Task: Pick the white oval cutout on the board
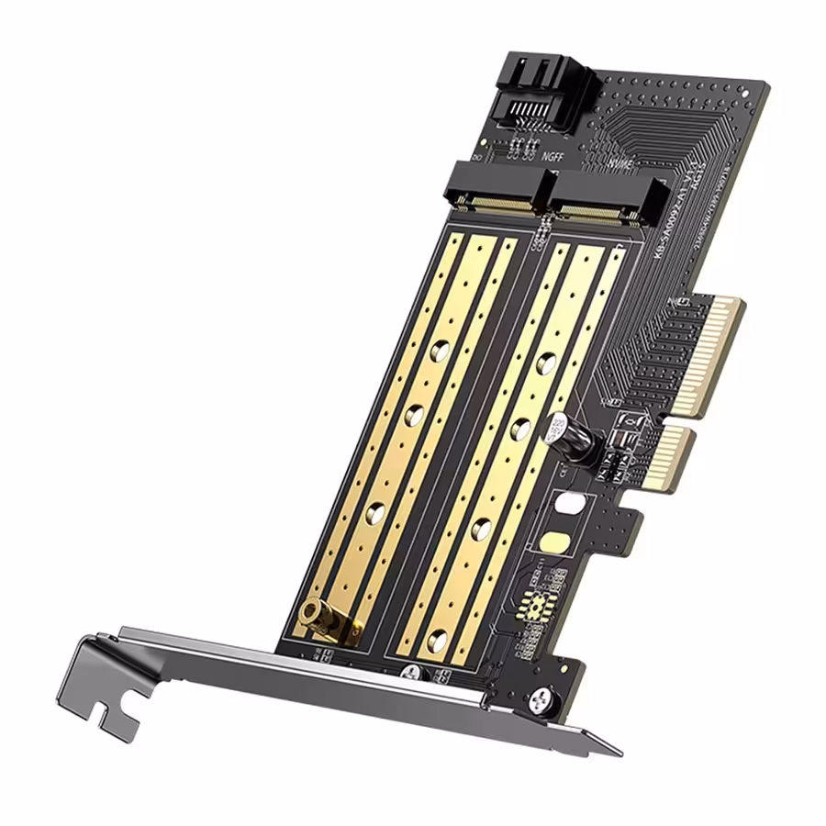coord(570,503)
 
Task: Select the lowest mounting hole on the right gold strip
coord(438,639)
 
